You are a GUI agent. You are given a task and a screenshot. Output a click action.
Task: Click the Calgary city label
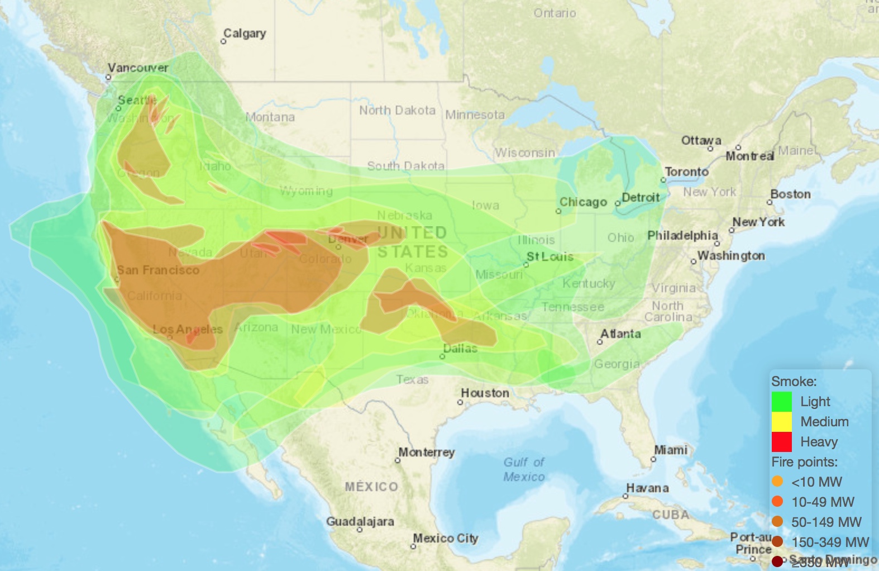245,34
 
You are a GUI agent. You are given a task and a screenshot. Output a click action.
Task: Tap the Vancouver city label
138,68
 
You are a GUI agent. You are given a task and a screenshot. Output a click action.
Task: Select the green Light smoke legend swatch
781,402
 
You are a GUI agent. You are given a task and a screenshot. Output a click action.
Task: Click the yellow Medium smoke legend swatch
781,422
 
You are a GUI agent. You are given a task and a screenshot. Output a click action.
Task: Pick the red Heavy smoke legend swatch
781,442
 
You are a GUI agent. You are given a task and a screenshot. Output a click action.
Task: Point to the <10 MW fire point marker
777,482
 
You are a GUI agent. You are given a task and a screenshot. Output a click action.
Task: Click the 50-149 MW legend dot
777,522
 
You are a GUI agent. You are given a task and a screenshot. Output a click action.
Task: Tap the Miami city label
671,450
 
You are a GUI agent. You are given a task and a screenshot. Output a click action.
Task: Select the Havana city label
647,488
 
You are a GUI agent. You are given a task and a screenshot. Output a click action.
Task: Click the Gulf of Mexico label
524,469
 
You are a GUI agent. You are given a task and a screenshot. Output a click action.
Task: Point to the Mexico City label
446,538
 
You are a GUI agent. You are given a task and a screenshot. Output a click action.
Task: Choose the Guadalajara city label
360,521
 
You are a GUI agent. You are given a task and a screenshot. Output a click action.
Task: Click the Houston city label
485,393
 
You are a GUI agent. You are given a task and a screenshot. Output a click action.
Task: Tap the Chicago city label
583,202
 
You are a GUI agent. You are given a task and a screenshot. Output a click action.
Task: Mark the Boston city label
790,194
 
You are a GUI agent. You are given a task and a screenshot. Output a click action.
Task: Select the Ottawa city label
701,140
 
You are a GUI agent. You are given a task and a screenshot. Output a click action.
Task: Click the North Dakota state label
397,110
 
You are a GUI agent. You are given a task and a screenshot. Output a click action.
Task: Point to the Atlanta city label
620,334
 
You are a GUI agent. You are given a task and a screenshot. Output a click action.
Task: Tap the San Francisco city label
158,270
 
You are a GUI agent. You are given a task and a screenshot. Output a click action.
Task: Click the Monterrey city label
427,452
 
